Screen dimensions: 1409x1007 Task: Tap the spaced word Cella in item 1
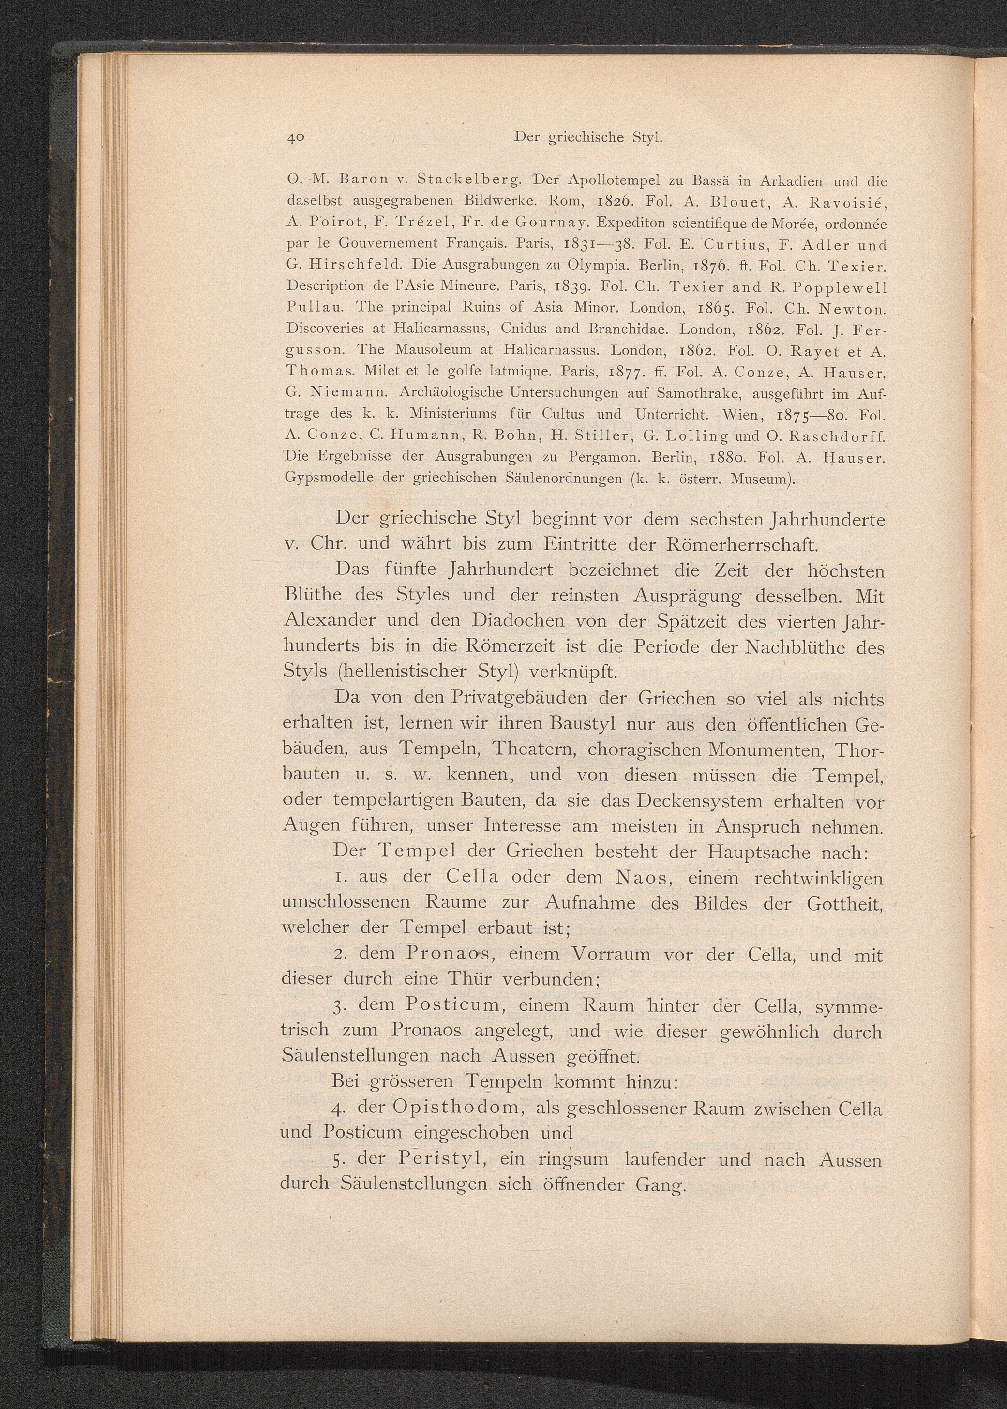[x=472, y=877]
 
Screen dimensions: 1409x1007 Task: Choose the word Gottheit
[x=844, y=903]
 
